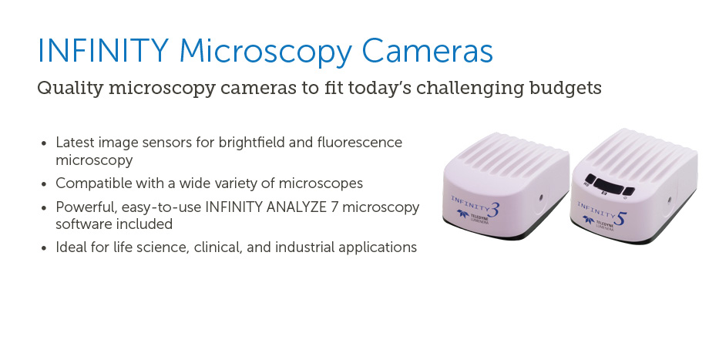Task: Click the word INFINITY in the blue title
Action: point(103,50)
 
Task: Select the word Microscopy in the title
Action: point(266,52)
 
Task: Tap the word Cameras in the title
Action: point(428,50)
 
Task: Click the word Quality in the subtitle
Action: point(70,88)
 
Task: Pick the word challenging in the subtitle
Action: point(469,88)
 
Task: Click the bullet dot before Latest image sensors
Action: point(44,143)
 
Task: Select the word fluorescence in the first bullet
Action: point(359,142)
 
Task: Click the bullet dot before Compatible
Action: point(44,184)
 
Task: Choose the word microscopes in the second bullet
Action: point(321,183)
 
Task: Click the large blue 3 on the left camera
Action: point(492,210)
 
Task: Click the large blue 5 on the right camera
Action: point(619,218)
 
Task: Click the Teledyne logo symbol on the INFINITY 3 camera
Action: point(462,214)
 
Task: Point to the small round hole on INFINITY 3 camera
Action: point(541,197)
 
